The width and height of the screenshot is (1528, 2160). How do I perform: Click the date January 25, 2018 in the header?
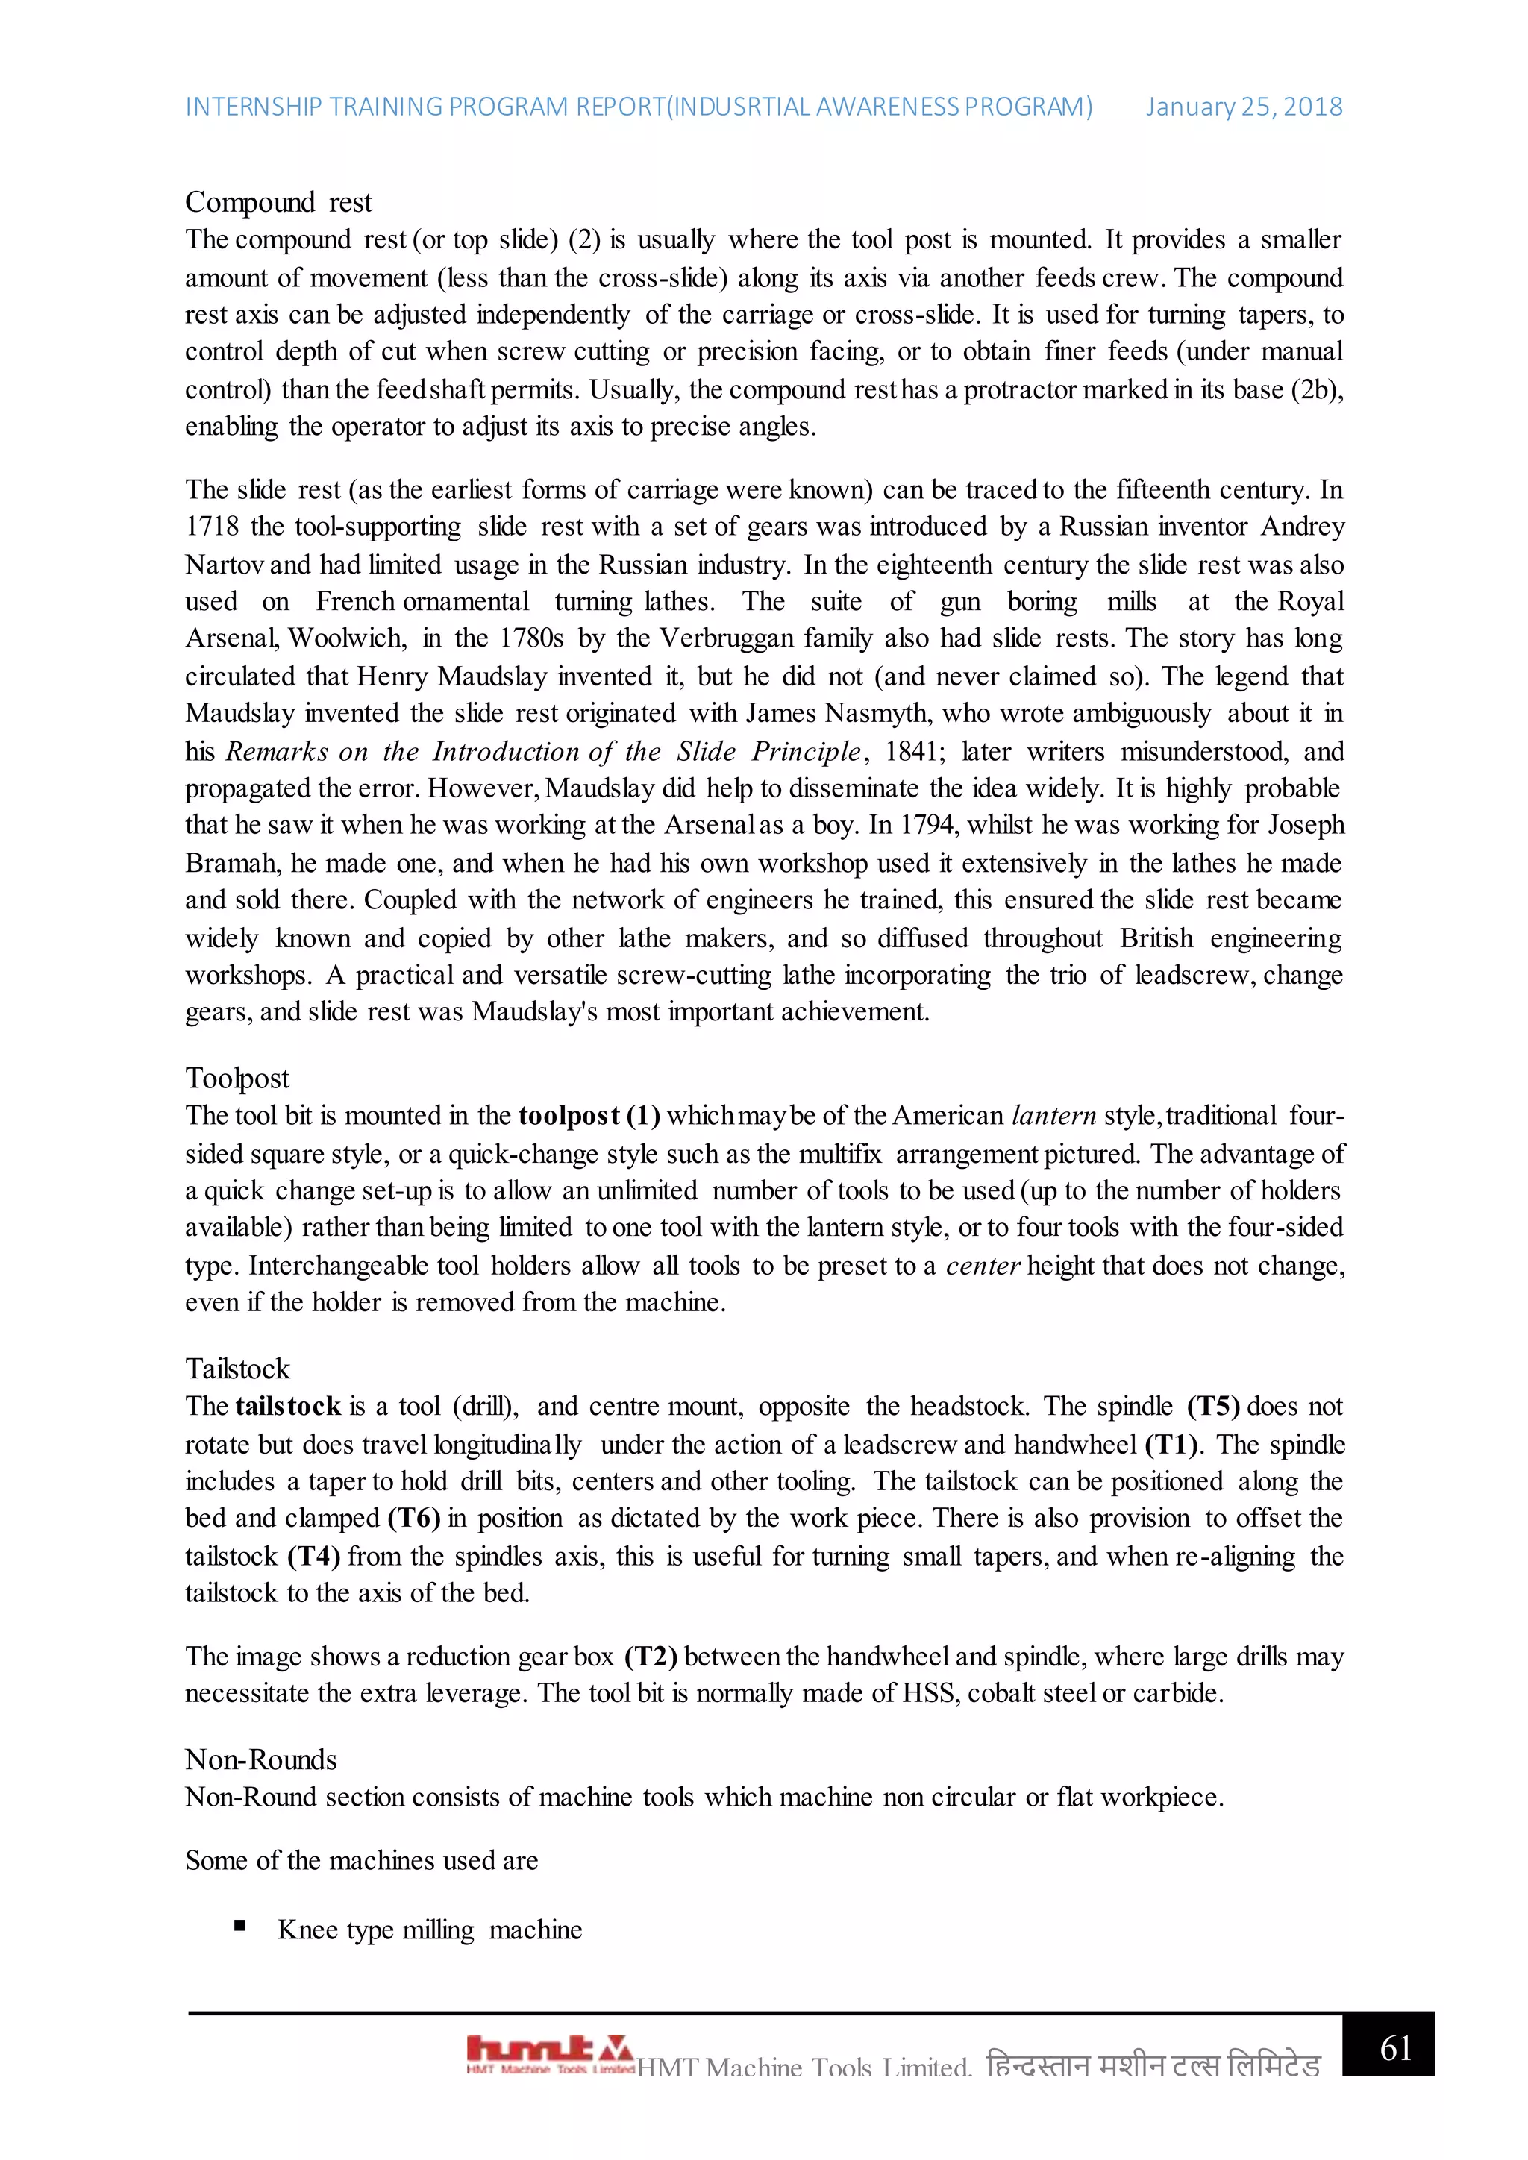point(1243,107)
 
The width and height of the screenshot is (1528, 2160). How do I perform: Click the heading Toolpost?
point(237,1078)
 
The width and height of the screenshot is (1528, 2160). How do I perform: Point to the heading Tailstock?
point(237,1369)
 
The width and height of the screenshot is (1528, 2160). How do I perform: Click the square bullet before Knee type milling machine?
point(240,1926)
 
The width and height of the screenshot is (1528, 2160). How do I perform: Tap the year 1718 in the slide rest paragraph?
point(212,527)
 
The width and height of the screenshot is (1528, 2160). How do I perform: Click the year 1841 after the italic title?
point(911,752)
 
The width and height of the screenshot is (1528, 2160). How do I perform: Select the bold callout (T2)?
point(650,1657)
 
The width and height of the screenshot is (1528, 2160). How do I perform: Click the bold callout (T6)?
point(414,1519)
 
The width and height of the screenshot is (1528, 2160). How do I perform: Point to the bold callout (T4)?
point(313,1556)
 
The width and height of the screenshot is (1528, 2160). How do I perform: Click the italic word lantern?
point(1053,1116)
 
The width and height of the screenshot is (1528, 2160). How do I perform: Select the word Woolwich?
point(347,638)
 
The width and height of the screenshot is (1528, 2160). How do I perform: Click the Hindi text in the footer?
point(1153,2066)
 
